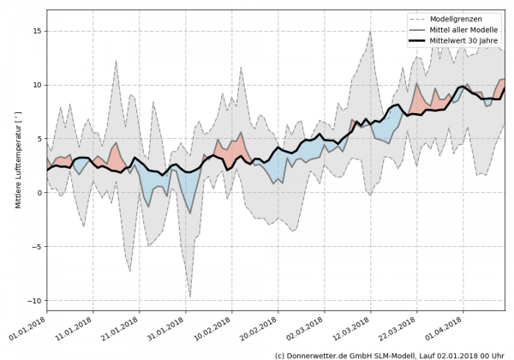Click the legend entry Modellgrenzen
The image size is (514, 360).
[x=468, y=18]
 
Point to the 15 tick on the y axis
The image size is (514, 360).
[x=37, y=31]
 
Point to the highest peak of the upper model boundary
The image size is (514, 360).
[x=369, y=32]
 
